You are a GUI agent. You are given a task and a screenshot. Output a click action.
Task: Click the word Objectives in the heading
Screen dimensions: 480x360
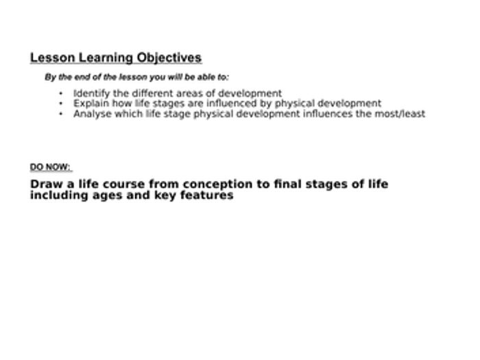[x=169, y=58]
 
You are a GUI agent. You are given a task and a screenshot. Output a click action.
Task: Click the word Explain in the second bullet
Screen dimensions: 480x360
[x=91, y=104]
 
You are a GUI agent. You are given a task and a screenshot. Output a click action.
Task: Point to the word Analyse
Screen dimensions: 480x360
[x=93, y=114]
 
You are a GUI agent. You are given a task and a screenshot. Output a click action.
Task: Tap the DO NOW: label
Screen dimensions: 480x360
[x=51, y=167]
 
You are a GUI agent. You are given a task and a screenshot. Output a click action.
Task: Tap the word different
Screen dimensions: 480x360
[x=153, y=93]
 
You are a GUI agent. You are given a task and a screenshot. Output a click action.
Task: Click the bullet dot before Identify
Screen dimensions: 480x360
[x=61, y=94]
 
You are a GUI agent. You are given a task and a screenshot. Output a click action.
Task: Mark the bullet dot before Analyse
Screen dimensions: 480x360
[x=61, y=115]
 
